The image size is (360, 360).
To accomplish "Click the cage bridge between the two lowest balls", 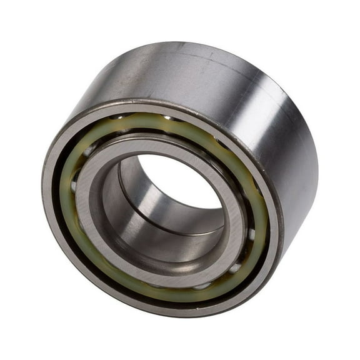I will (x=219, y=278).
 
